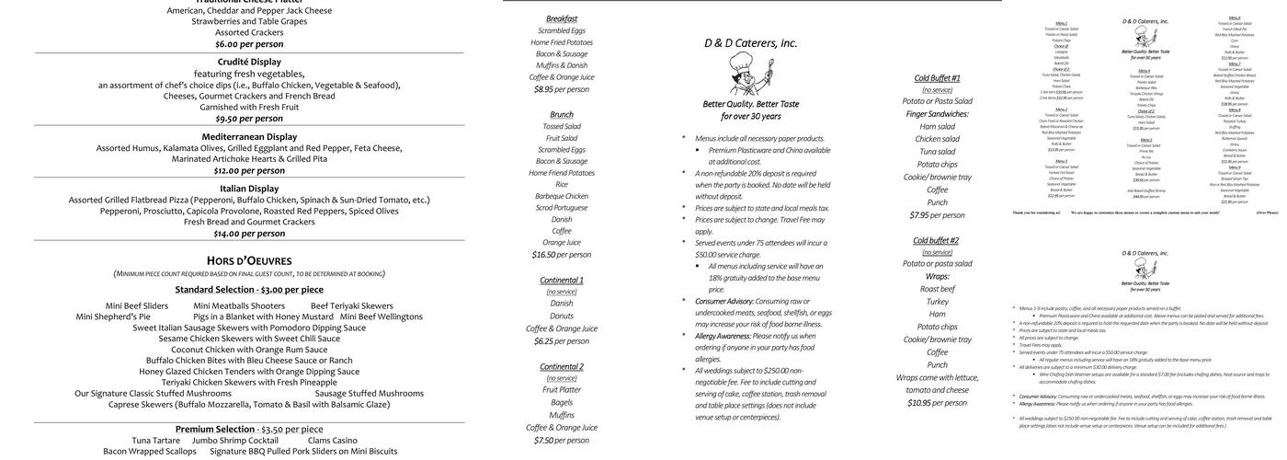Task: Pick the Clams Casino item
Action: pos(332,441)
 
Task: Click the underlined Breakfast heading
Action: pos(562,18)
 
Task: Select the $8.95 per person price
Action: pos(562,89)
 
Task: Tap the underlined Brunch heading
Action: pos(562,114)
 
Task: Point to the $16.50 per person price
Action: pos(562,255)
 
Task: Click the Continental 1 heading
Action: pos(562,280)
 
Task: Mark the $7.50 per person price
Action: pos(562,441)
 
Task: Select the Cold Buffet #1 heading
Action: pos(937,78)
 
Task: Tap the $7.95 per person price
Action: pos(937,215)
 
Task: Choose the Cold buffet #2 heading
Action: pos(937,240)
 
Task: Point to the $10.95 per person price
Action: pos(937,403)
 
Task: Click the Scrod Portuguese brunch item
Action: pos(562,208)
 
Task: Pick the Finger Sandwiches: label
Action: pos(937,114)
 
